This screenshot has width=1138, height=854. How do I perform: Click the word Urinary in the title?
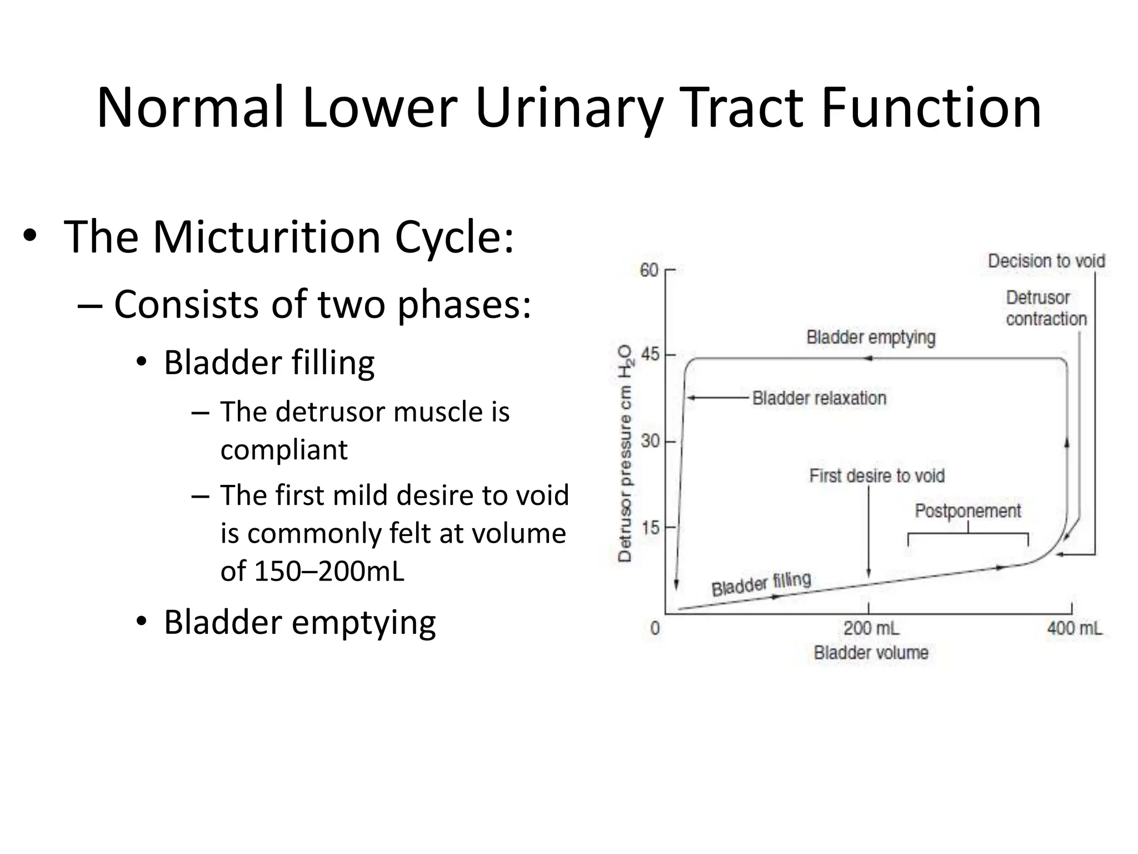pos(569,108)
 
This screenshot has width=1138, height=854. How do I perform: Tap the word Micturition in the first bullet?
pos(266,237)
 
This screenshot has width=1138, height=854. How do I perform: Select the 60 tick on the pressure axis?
pos(649,270)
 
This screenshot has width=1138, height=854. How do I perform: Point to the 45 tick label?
pos(650,354)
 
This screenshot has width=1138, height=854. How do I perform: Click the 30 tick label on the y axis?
pos(650,441)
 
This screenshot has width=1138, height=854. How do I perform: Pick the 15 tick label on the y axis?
pos(650,527)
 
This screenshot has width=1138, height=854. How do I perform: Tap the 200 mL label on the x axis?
pos(871,628)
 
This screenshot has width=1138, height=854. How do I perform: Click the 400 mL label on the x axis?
pos(1074,628)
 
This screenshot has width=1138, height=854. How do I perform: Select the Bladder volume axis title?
pos(871,653)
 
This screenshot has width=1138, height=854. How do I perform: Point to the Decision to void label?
pos(1046,261)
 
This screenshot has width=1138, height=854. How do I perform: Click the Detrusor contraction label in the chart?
pos(1045,308)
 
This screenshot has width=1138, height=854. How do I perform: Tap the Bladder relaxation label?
pos(819,398)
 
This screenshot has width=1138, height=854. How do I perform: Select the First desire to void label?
pos(877,476)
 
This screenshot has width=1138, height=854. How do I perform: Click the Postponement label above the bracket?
pos(967,511)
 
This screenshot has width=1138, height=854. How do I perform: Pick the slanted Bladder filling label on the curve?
pos(761,584)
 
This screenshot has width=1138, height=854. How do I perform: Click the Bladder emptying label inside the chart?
pos(871,337)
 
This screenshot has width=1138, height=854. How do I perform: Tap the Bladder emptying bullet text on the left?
pos(300,623)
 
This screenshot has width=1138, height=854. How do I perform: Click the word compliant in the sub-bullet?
pos(284,450)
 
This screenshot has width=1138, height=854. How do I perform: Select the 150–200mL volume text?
pos(329,572)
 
